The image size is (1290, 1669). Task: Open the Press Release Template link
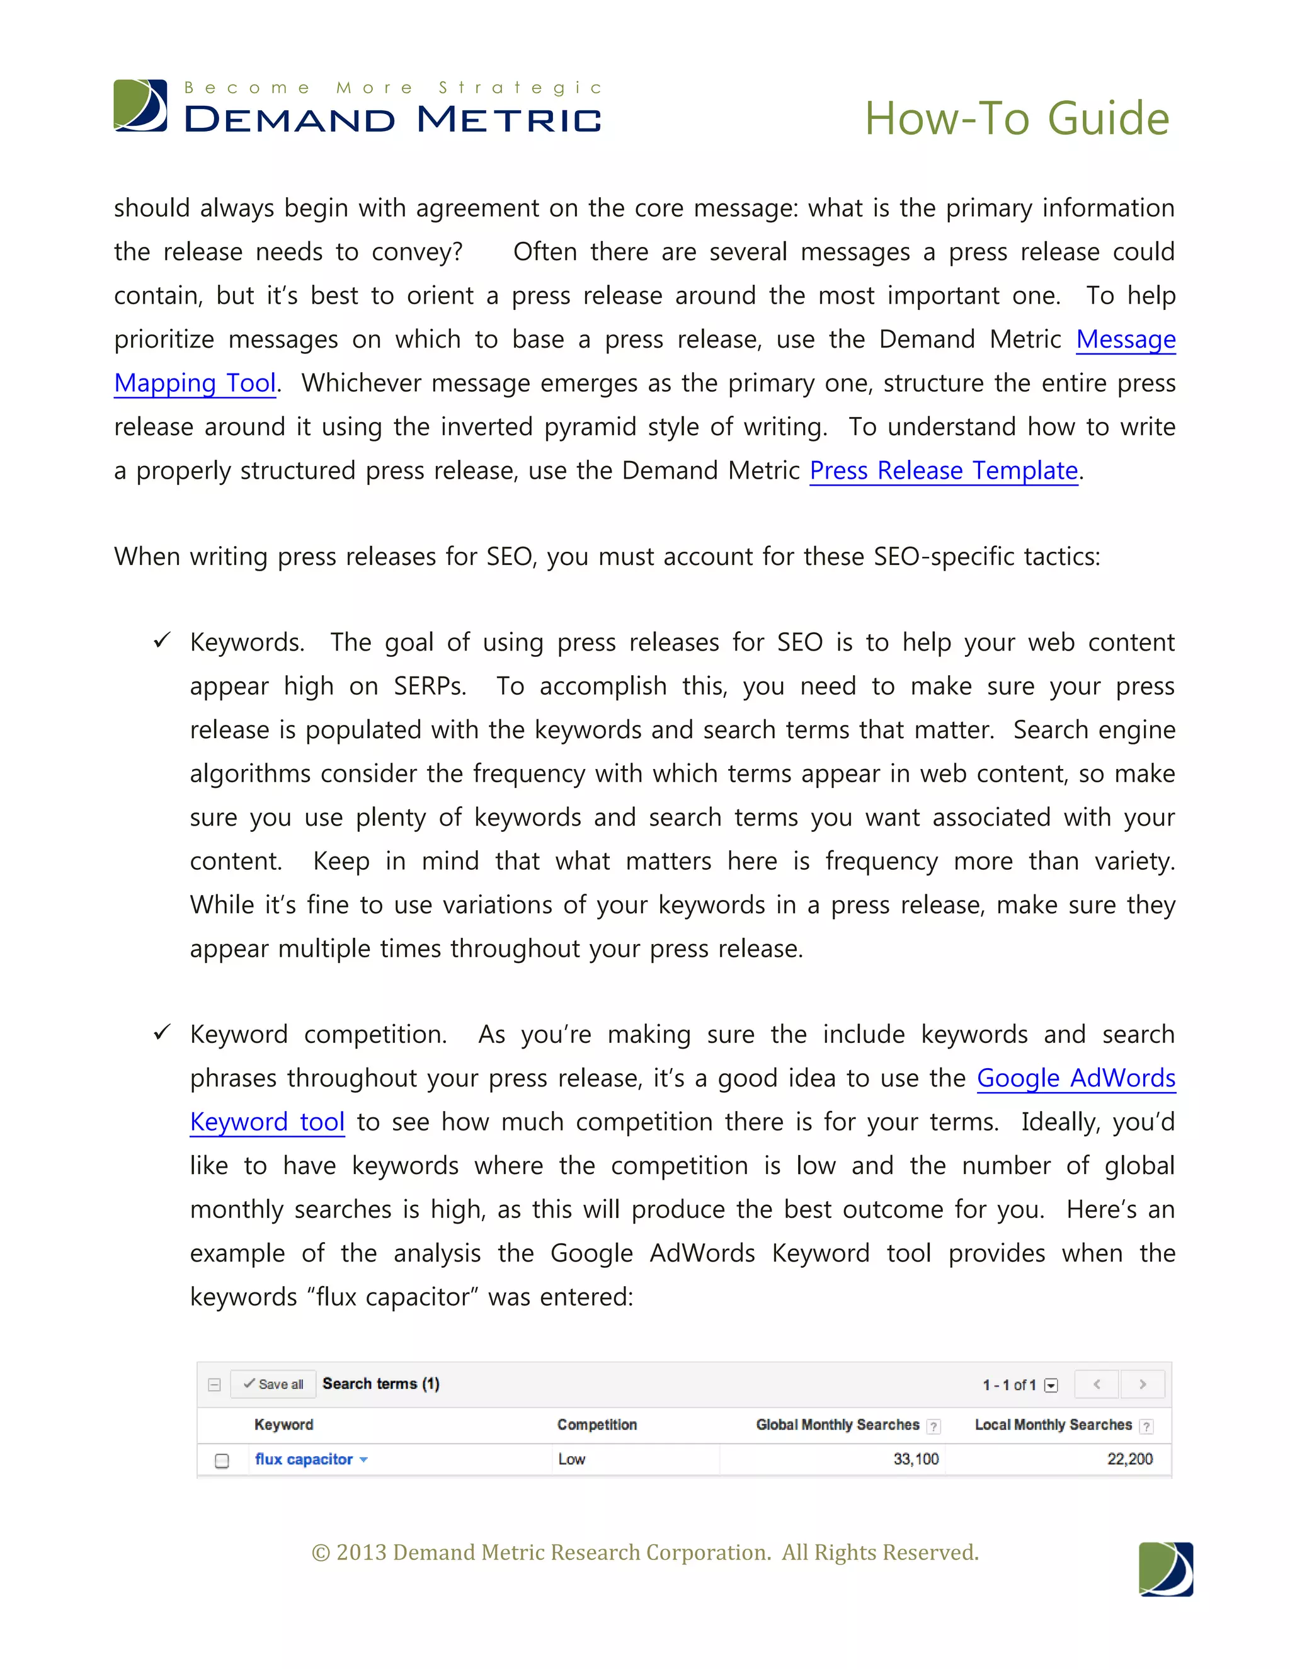pyautogui.click(x=943, y=470)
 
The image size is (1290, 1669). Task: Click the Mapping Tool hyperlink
pyautogui.click(x=195, y=383)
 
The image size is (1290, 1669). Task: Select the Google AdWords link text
pyautogui.click(x=1075, y=1078)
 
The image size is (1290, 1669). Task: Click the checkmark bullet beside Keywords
pyautogui.click(x=162, y=641)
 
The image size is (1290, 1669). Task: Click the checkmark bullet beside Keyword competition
pyautogui.click(x=162, y=1032)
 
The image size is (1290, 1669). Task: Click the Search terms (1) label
pyautogui.click(x=380, y=1384)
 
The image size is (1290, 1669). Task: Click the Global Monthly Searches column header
pyautogui.click(x=837, y=1425)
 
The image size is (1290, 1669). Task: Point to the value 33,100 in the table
pyautogui.click(x=915, y=1459)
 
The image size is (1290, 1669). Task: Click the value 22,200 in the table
pyautogui.click(x=1129, y=1459)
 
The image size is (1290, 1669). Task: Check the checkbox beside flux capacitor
pyautogui.click(x=222, y=1461)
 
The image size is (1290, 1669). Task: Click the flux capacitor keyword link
pyautogui.click(x=304, y=1459)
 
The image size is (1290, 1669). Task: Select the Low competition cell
pyautogui.click(x=572, y=1459)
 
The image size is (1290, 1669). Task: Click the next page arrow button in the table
pyautogui.click(x=1142, y=1384)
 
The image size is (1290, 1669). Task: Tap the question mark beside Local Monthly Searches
pyautogui.click(x=1146, y=1426)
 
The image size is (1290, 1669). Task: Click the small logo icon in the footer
pyautogui.click(x=1165, y=1569)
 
